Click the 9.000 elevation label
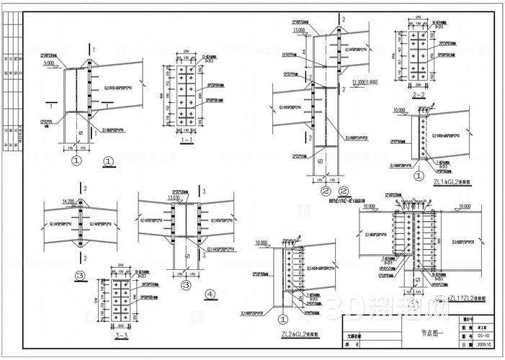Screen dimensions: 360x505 pyautogui.click(x=50, y=64)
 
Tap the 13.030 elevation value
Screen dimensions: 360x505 pyautogui.click(x=153, y=198)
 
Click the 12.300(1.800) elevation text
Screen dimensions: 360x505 pyautogui.click(x=368, y=83)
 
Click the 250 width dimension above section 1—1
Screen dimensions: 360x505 pyautogui.click(x=186, y=52)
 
